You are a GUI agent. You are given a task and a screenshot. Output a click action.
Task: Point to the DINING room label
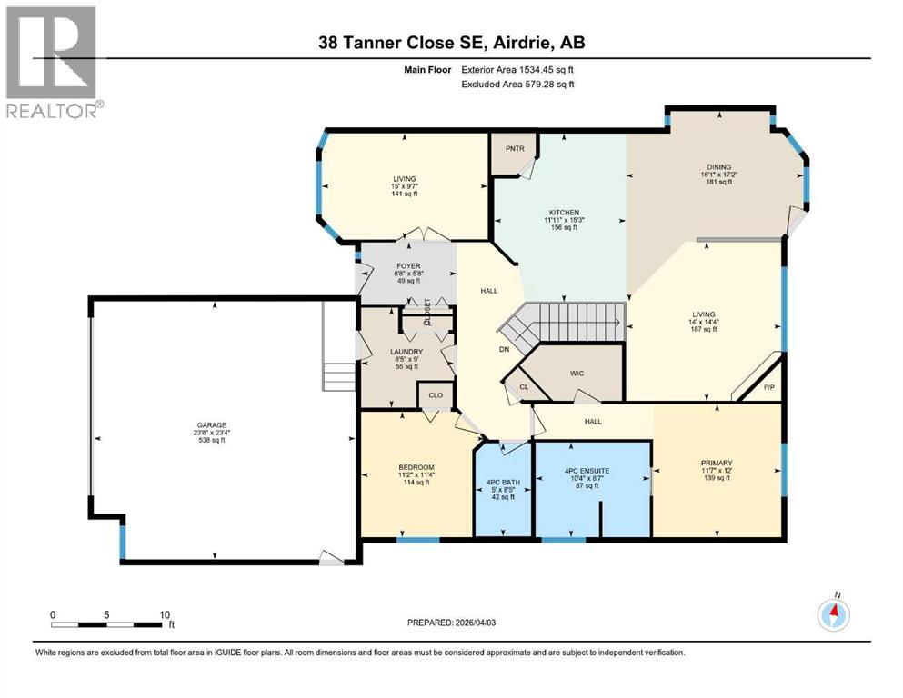pos(716,167)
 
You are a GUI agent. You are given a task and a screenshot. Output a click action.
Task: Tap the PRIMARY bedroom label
pos(716,462)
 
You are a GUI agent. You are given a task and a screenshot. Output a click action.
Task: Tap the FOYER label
pos(407,266)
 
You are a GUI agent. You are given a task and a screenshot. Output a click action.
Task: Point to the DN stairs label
pos(502,349)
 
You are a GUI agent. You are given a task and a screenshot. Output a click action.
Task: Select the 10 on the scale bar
pos(165,614)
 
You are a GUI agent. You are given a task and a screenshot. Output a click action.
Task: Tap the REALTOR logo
pos(53,62)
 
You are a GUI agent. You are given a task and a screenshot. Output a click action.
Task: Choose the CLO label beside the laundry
pos(436,395)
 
